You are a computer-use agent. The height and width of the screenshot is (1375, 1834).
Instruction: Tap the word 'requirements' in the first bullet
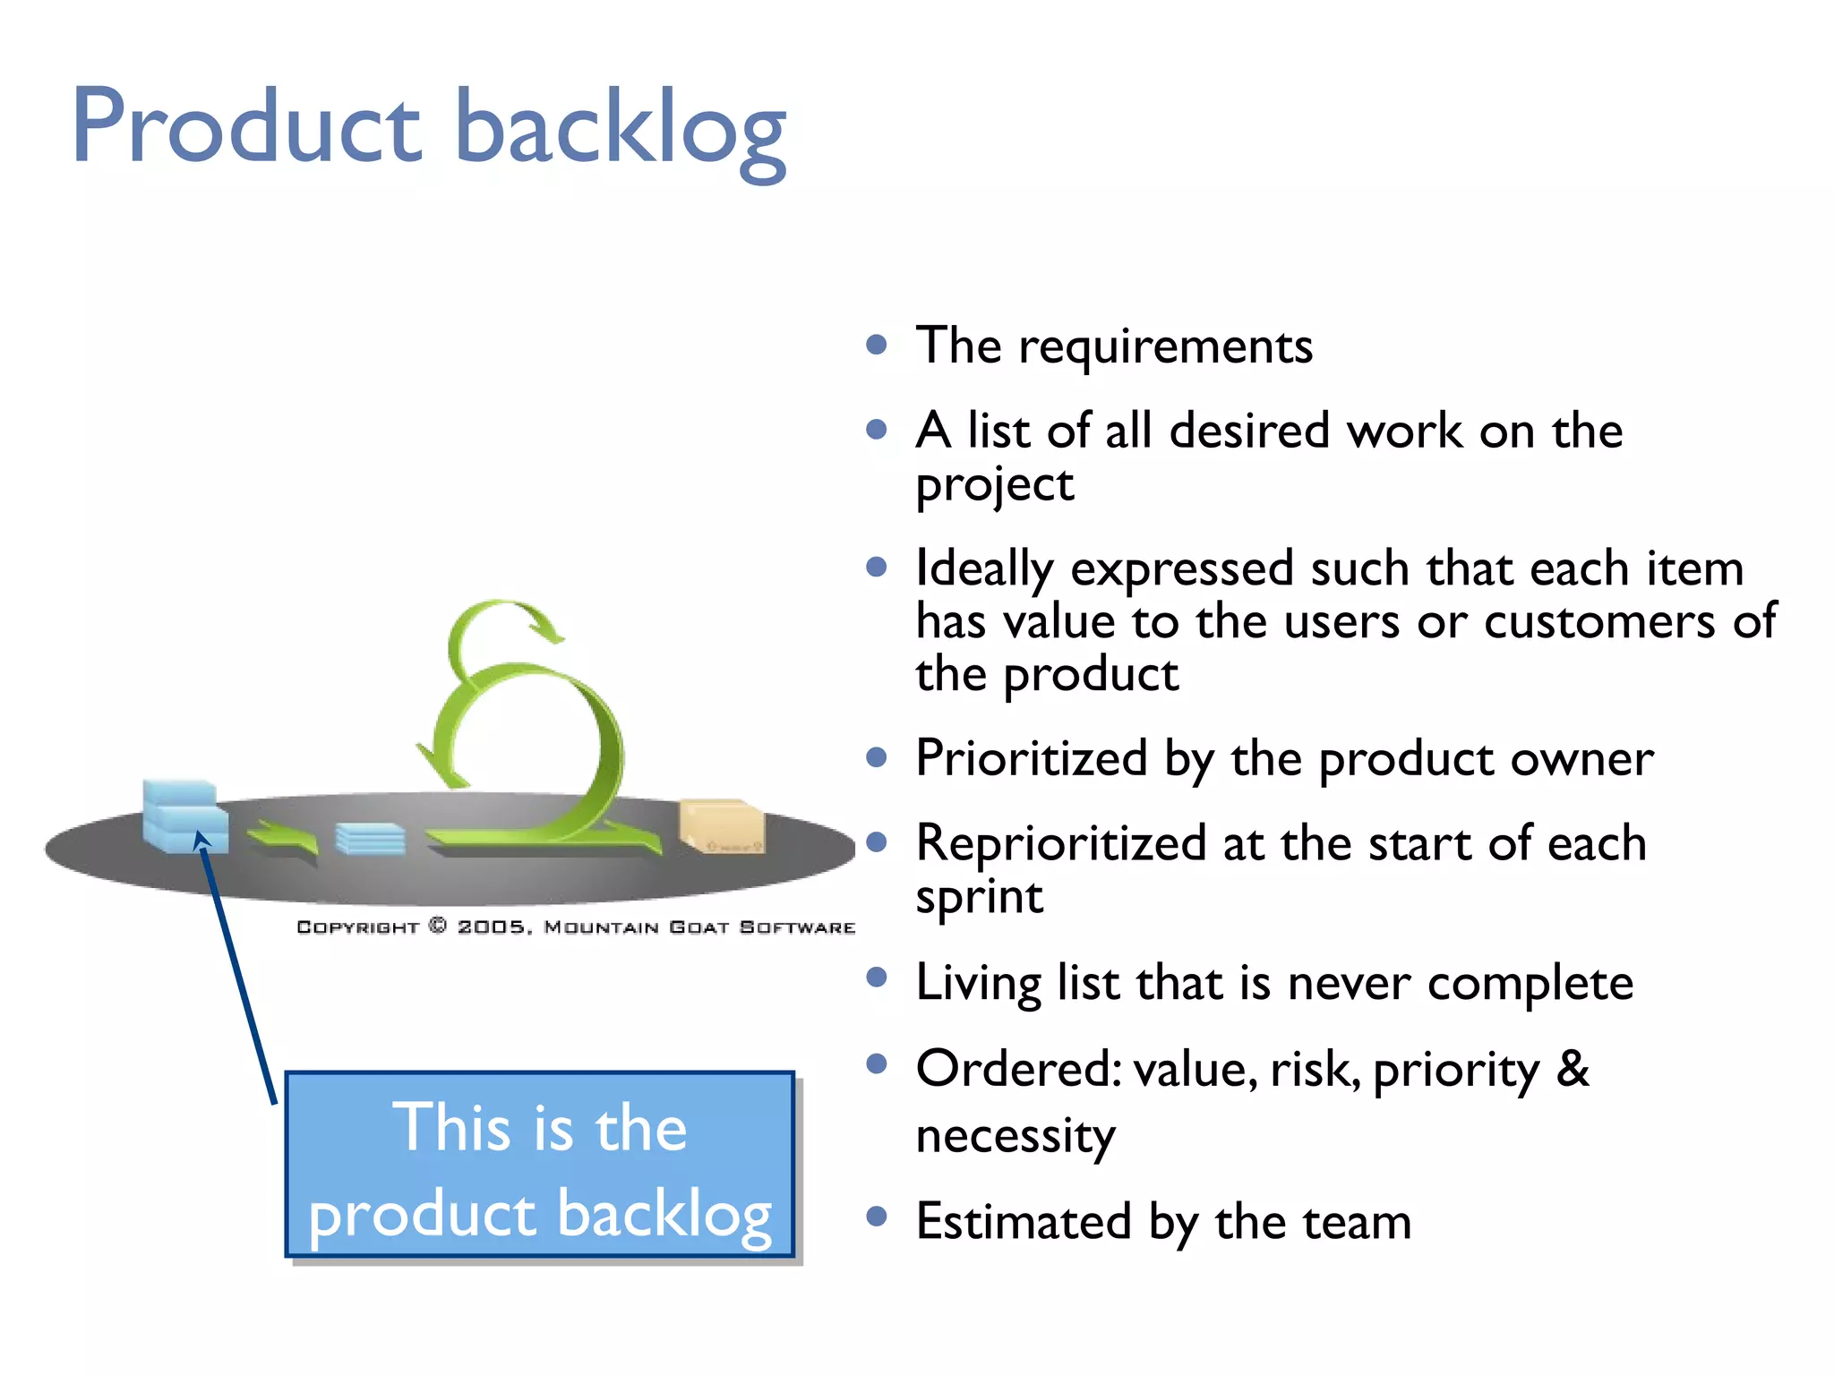tap(1165, 347)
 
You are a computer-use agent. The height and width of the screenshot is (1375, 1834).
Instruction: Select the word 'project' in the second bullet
tap(994, 486)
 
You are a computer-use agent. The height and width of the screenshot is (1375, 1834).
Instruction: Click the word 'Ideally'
tap(984, 569)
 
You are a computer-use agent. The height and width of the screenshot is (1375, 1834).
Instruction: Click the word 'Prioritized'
tap(1031, 759)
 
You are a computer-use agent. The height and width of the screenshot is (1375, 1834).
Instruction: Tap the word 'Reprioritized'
tap(1061, 844)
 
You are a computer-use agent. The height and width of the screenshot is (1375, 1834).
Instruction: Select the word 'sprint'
tap(979, 897)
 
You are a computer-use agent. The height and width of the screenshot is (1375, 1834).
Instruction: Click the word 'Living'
tap(978, 983)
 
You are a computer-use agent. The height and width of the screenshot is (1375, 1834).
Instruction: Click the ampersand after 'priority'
tap(1573, 1069)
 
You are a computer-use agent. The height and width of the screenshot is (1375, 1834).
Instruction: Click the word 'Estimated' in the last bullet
tap(1024, 1223)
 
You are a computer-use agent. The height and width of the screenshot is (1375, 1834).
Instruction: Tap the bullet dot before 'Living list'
tap(877, 977)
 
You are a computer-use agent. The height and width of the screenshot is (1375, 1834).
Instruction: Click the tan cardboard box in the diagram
tap(722, 825)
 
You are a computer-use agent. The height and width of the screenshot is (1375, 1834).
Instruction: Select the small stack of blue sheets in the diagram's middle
tap(370, 839)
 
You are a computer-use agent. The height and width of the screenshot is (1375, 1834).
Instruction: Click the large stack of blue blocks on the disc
tap(184, 815)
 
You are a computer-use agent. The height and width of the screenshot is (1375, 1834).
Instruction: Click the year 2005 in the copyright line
tap(492, 927)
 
